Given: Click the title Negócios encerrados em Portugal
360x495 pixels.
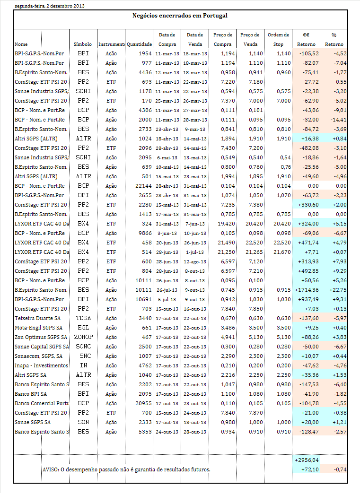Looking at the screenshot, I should (x=180, y=16).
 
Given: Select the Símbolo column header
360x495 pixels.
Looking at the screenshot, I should (x=83, y=44).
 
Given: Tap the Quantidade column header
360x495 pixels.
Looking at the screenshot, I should (x=139, y=44).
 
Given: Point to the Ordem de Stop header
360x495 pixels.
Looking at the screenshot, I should (x=278, y=39).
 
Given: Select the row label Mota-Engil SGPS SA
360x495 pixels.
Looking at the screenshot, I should (x=39, y=328).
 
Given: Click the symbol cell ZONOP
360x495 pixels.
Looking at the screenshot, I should (x=83, y=337).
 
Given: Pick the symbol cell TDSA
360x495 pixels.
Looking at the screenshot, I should (x=83, y=318).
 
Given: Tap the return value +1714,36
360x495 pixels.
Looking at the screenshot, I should (x=307, y=290).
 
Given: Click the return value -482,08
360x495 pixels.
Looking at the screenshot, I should (x=309, y=148).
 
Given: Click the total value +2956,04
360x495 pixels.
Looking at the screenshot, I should (x=307, y=460).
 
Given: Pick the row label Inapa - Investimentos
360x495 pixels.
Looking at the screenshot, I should (x=41, y=365).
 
